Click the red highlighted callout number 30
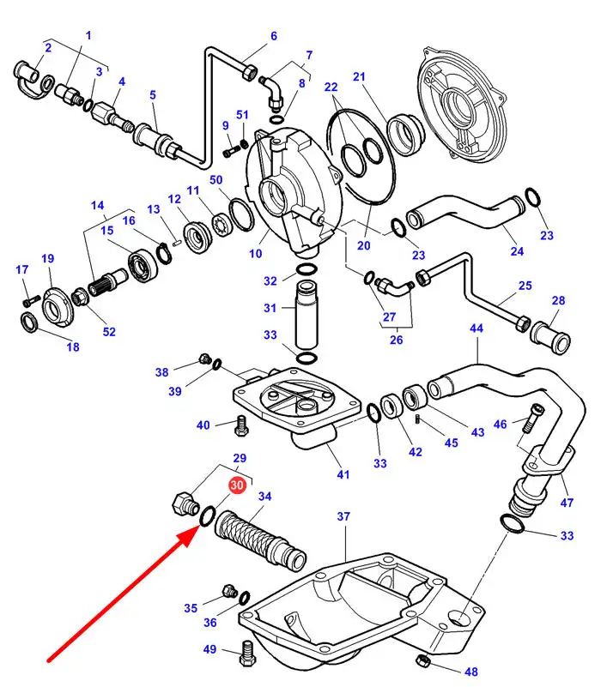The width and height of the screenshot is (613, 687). point(238,485)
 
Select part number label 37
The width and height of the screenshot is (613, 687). point(343,516)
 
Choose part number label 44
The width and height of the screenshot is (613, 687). point(476,328)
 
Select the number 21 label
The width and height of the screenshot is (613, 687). point(359,77)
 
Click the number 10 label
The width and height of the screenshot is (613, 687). point(255,253)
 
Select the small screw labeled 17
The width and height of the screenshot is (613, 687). point(29,299)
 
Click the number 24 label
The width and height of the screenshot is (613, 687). point(517,251)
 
